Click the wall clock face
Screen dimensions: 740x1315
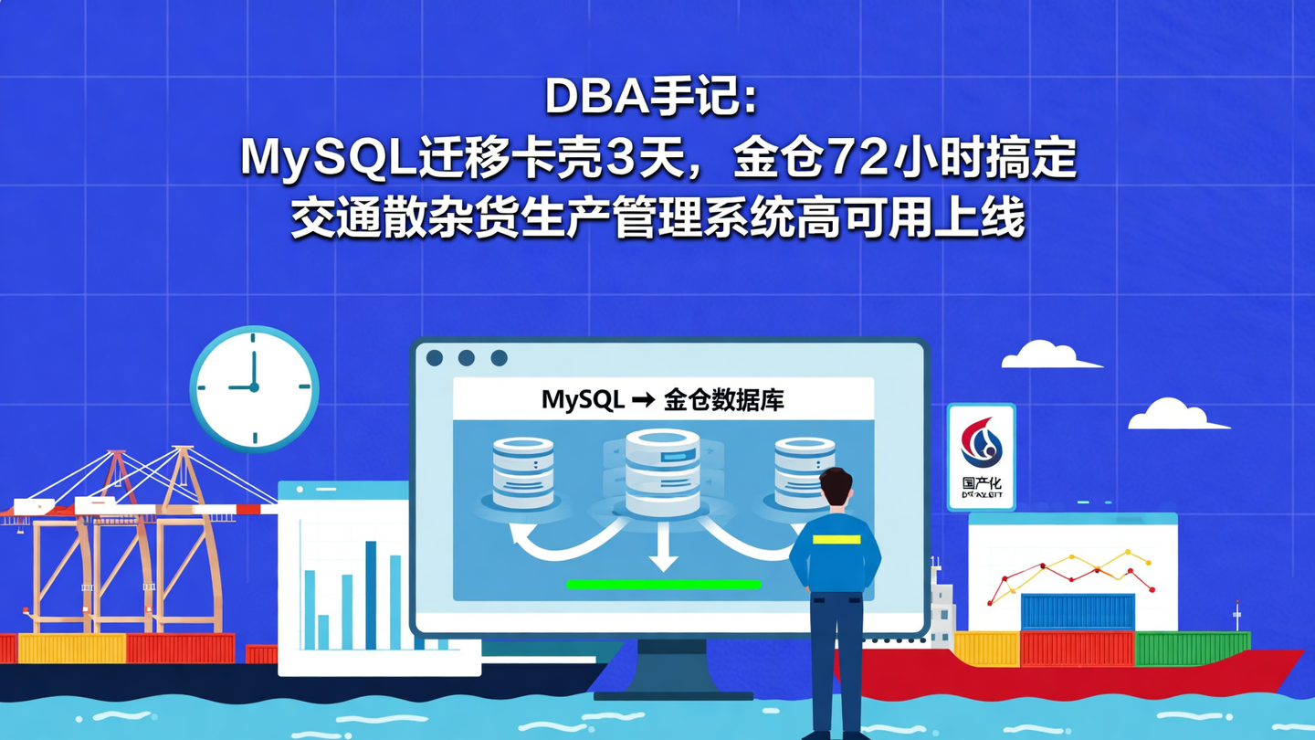(254, 387)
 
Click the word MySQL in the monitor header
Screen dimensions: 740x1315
(583, 400)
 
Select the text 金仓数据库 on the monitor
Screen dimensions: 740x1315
(723, 400)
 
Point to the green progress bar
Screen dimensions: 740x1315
(664, 584)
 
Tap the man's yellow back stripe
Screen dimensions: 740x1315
(836, 539)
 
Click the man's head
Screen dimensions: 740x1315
(835, 487)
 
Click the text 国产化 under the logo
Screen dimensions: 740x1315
(982, 481)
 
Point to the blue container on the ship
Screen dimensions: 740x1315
(1078, 611)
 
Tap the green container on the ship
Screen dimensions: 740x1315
(1192, 648)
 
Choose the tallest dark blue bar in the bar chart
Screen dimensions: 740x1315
(371, 594)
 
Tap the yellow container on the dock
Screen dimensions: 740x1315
(71, 648)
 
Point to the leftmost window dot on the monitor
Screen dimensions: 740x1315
(435, 358)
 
